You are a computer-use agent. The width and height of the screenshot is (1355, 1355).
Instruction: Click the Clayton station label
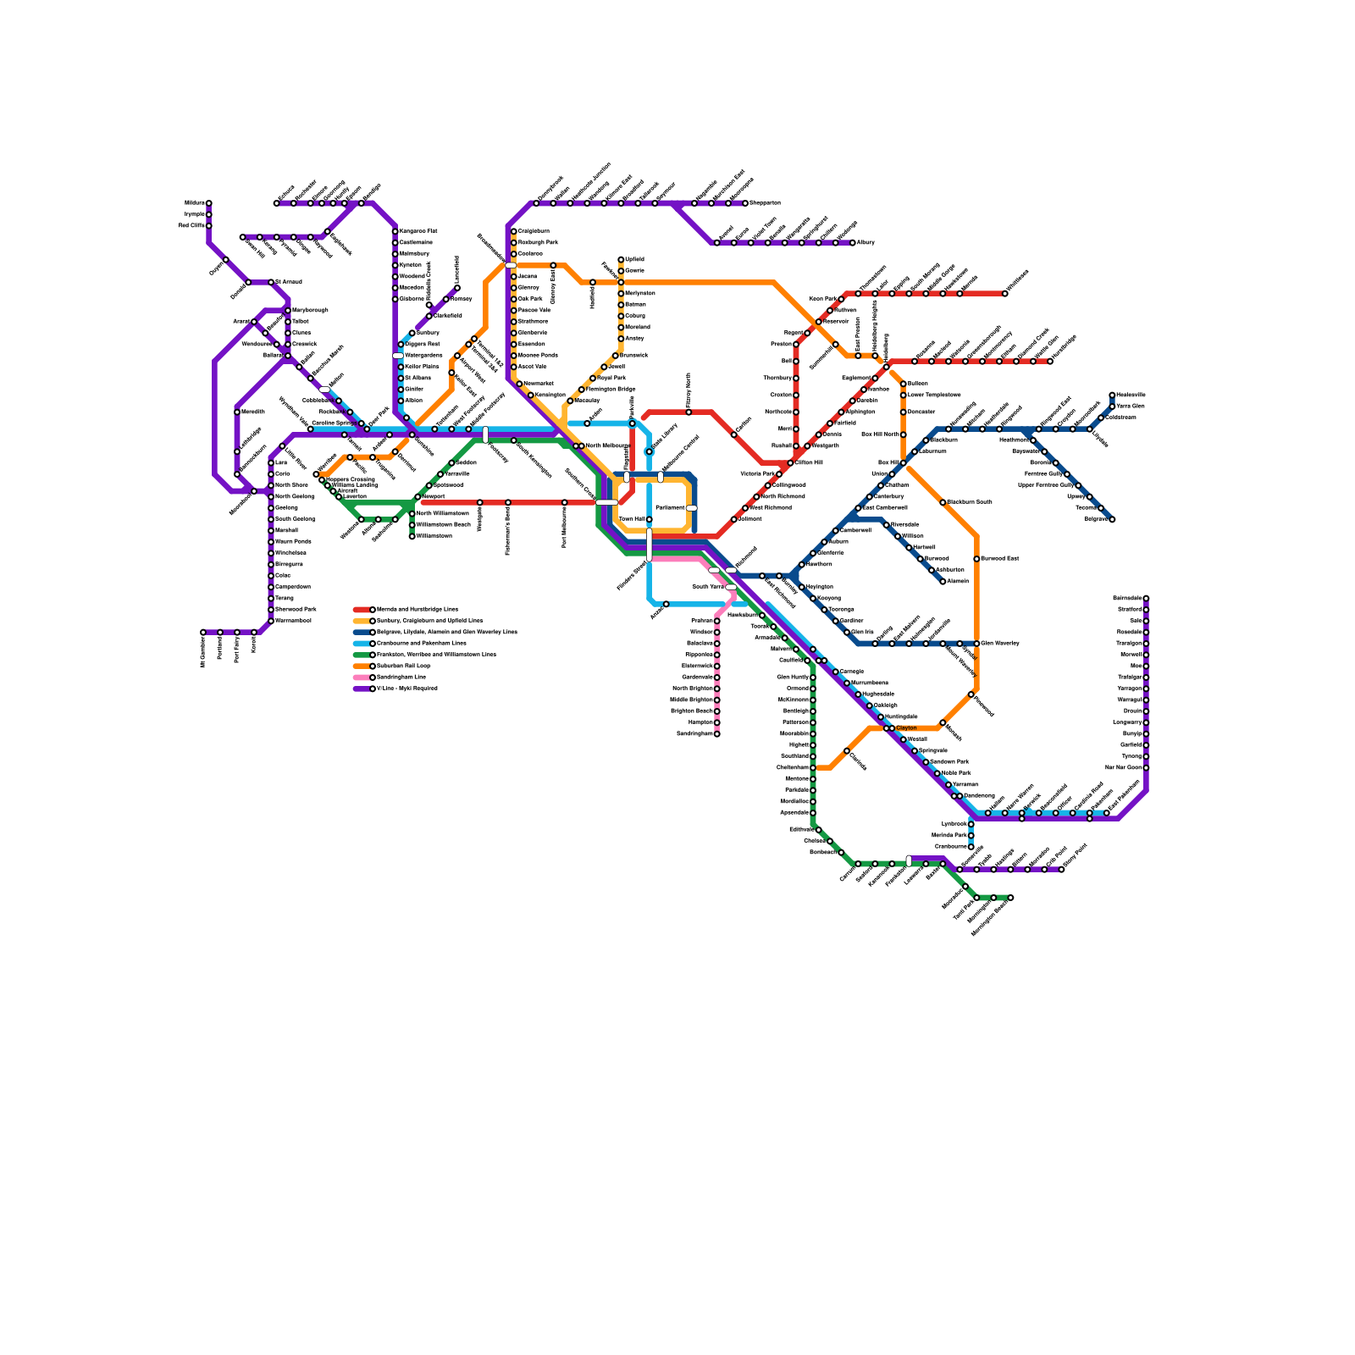pos(906,728)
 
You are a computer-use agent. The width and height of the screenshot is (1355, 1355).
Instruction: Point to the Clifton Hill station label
pos(809,462)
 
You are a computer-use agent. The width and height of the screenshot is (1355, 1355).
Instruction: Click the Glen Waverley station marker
pos(976,644)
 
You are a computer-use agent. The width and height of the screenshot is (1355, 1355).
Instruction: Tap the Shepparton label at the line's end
pos(765,203)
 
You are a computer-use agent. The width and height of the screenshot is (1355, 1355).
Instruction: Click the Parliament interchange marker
pos(691,508)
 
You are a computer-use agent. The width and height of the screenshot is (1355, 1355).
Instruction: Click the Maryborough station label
pos(310,311)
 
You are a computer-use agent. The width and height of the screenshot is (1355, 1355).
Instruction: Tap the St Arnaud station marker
pos(271,282)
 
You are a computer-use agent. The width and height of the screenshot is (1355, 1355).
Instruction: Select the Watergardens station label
pos(423,356)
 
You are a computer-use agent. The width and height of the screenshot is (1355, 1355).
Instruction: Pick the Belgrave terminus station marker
pos(1112,519)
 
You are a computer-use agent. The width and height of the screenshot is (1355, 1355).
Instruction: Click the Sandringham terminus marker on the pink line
pos(716,733)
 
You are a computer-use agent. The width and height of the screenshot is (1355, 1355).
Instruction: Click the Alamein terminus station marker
pos(943,582)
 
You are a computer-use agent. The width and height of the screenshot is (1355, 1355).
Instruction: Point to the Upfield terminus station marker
pos(621,260)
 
